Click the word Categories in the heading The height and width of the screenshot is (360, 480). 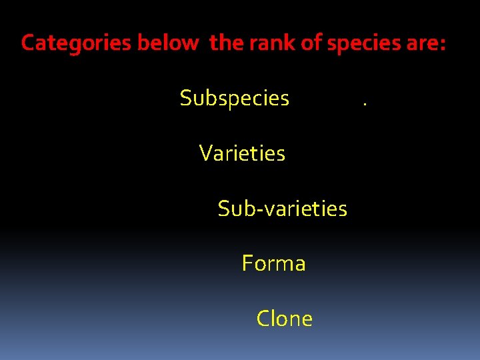(x=77, y=43)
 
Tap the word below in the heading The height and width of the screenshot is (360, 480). (x=167, y=43)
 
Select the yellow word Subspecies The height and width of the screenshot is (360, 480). (x=234, y=99)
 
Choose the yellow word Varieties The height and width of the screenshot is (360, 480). (x=242, y=154)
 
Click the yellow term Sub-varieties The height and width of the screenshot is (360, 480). (x=282, y=209)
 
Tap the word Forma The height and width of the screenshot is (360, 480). (x=273, y=263)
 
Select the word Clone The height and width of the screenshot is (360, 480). (x=284, y=319)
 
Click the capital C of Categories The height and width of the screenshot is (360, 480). (x=28, y=43)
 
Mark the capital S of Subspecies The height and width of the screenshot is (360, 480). (x=186, y=99)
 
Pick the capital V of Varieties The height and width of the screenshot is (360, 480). (x=206, y=154)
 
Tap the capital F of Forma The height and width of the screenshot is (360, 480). (x=247, y=263)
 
